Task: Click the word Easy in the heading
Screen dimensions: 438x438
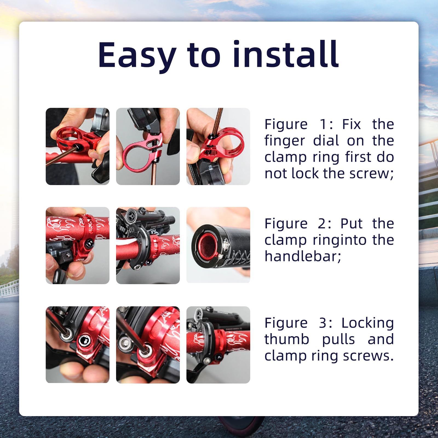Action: pos(137,55)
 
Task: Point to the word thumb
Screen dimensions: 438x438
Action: pos(287,339)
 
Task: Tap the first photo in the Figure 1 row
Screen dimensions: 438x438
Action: pos(77,146)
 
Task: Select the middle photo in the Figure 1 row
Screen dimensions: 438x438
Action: pos(148,146)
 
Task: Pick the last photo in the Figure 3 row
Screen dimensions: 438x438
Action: pos(218,345)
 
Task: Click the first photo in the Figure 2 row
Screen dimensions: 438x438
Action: pos(77,246)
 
